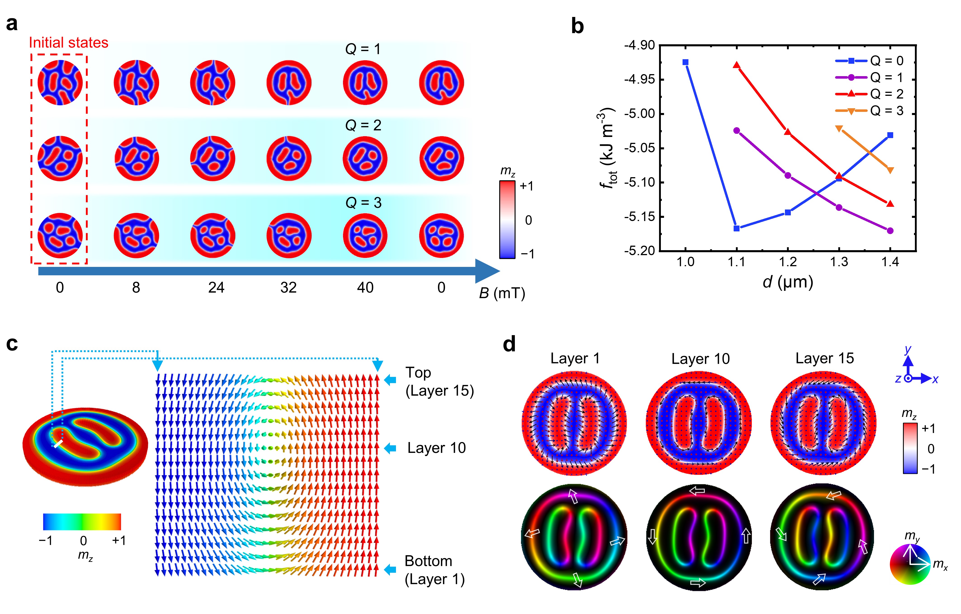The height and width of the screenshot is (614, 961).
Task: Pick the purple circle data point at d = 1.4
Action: (890, 231)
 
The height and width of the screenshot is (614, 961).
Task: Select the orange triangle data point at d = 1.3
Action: (839, 128)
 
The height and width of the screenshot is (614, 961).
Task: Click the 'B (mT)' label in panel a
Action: (502, 293)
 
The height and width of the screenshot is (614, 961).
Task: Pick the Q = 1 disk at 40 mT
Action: (365, 82)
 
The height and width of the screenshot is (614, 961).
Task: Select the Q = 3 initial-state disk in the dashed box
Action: (60, 235)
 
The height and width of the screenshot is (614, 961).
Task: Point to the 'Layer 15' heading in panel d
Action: (824, 358)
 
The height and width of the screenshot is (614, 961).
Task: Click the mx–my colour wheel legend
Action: (910, 564)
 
